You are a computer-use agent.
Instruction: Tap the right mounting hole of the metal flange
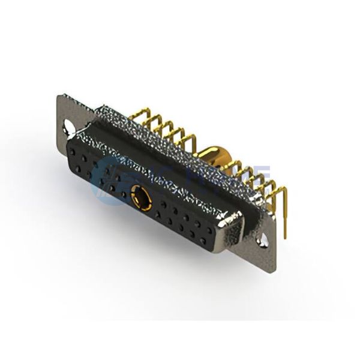click(262, 243)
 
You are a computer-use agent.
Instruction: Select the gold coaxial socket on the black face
click(139, 195)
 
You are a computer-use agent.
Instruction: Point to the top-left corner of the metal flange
click(58, 96)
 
